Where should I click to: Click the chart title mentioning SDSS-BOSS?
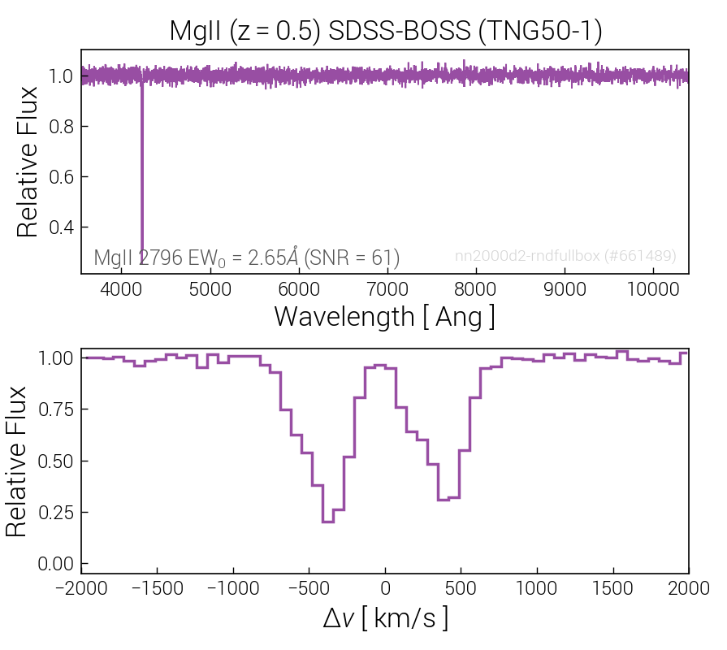[386, 31]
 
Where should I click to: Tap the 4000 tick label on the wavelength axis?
[121, 289]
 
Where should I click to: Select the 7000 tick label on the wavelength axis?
[387, 289]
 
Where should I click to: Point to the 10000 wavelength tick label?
[653, 289]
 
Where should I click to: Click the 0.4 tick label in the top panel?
[61, 227]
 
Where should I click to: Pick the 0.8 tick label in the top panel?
[61, 127]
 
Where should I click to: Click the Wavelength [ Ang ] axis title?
[385, 317]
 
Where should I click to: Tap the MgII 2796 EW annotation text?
[247, 258]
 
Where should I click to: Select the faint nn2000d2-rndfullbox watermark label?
[565, 255]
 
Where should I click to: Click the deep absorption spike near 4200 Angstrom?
[142, 167]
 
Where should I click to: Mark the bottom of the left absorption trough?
[328, 522]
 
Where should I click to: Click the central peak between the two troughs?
[380, 366]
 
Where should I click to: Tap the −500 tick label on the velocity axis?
[309, 588]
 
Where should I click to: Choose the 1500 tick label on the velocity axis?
[613, 588]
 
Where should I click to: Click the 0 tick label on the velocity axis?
[385, 588]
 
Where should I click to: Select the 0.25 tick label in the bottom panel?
[55, 513]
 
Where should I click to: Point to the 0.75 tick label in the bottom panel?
[55, 409]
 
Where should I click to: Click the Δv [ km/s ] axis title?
[385, 618]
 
